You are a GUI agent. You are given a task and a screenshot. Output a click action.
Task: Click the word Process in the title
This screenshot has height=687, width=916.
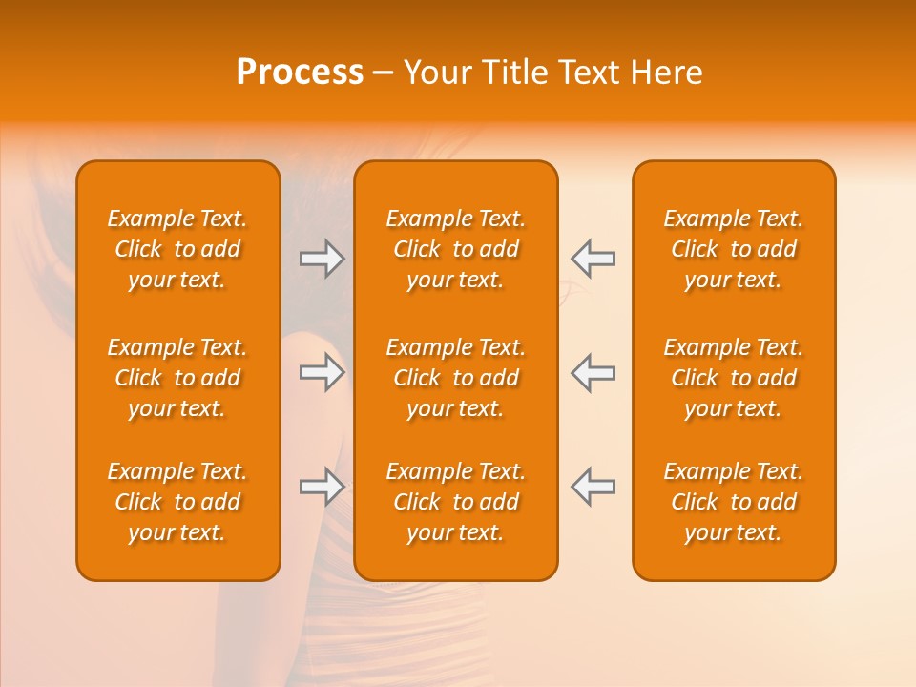point(300,73)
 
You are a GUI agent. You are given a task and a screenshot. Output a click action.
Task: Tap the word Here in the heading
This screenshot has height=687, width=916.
point(667,73)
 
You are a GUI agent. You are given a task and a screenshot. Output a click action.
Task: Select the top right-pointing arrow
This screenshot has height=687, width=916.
point(323,259)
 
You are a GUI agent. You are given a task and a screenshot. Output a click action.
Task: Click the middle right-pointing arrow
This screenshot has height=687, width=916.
point(323,372)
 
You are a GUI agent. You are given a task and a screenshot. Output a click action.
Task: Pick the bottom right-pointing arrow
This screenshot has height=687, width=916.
point(323,487)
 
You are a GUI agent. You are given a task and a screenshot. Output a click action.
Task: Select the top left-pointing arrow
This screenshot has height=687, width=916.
point(593,259)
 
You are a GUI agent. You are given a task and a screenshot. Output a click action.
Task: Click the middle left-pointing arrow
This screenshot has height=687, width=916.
point(593,372)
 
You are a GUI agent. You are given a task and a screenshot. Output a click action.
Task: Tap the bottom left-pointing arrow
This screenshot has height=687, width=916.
point(593,487)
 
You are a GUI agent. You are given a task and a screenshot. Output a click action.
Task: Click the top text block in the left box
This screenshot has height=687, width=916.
point(177,249)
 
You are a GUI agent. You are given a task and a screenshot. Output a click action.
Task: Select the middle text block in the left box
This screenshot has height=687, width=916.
point(177,378)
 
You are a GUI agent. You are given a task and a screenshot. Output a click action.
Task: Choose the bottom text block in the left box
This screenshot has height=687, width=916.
point(177,502)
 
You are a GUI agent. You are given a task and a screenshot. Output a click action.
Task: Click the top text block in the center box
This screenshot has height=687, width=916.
point(455,249)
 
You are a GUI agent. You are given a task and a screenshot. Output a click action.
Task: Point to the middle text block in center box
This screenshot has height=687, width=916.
point(455,378)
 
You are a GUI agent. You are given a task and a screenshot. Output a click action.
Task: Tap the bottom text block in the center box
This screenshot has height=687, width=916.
point(455,502)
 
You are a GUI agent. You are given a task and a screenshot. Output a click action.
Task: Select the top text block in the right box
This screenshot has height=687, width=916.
point(734,249)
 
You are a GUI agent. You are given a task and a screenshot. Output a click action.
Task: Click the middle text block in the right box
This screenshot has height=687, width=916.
point(734,378)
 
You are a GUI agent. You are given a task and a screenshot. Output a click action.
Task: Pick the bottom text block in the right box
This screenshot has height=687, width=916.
point(734,502)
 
